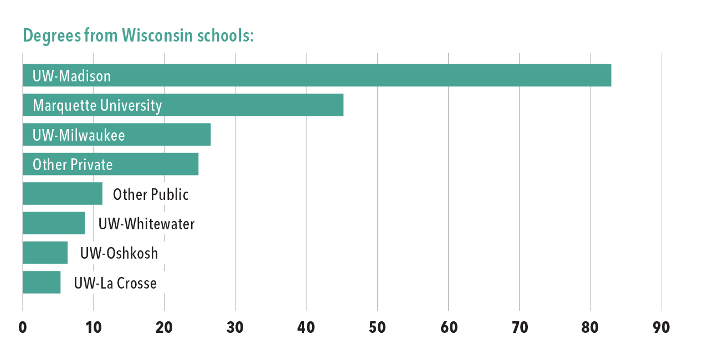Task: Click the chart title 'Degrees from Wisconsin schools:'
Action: pyautogui.click(x=138, y=36)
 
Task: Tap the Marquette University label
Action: pyautogui.click(x=97, y=105)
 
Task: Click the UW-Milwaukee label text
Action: pyautogui.click(x=79, y=135)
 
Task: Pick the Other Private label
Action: pyautogui.click(x=73, y=164)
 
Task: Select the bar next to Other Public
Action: pyautogui.click(x=62, y=194)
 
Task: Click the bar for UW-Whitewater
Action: pyautogui.click(x=54, y=223)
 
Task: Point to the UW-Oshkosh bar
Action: pyautogui.click(x=45, y=253)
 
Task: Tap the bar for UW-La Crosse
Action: pyautogui.click(x=42, y=282)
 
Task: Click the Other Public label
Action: pyautogui.click(x=151, y=194)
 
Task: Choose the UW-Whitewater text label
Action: pyautogui.click(x=146, y=224)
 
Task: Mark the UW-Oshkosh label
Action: pyautogui.click(x=119, y=253)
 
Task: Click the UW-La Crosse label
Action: pyautogui.click(x=115, y=283)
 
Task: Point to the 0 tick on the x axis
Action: pyautogui.click(x=23, y=327)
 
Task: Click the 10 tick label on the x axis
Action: pyautogui.click(x=93, y=327)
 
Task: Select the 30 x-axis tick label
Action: pyautogui.click(x=235, y=327)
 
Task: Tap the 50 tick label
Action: pyautogui.click(x=377, y=327)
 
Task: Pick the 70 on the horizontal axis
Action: pyautogui.click(x=519, y=327)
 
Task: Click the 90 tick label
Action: pyautogui.click(x=661, y=327)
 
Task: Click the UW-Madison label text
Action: pyautogui.click(x=71, y=76)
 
